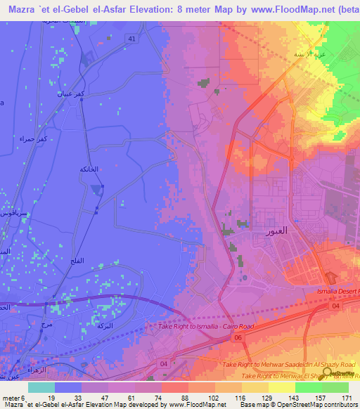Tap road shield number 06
238,337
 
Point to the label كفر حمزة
32,138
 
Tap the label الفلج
77,261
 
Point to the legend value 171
345,398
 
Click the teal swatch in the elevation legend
41,387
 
